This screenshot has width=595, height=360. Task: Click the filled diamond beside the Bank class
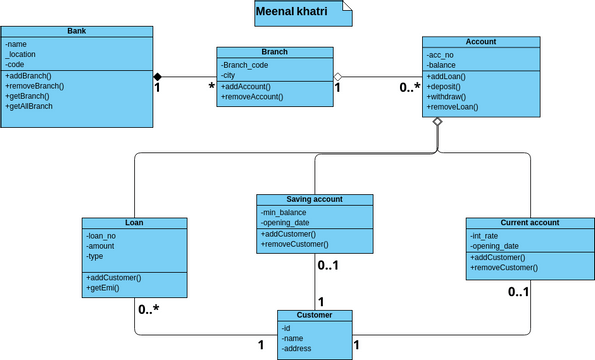[x=157, y=76]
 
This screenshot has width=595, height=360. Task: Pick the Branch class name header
[x=274, y=52]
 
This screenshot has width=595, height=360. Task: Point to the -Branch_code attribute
[x=245, y=64]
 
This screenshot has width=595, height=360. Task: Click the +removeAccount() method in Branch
[x=252, y=97]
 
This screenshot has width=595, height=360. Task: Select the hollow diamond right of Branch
[x=338, y=76]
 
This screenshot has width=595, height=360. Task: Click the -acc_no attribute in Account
[x=441, y=54]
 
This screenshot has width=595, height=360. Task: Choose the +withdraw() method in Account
[x=450, y=96]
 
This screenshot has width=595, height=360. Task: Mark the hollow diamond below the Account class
[x=437, y=121]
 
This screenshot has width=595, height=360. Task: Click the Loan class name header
[x=134, y=223]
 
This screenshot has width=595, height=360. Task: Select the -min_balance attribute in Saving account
[x=284, y=212]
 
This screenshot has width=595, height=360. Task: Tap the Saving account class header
[x=314, y=199]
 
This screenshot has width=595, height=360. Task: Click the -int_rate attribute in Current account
[x=487, y=235]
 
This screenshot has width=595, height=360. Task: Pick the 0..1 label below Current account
[x=518, y=292]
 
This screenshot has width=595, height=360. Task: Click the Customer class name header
[x=314, y=314]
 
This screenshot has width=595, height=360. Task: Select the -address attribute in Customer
[x=299, y=348]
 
